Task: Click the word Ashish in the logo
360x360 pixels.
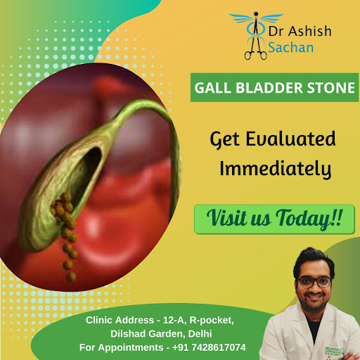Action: [309, 31]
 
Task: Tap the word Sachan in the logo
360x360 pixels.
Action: [291, 47]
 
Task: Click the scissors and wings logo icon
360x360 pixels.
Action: [256, 36]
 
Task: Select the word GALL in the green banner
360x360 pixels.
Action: [212, 88]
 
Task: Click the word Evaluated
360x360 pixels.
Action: [290, 139]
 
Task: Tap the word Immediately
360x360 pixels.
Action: [276, 169]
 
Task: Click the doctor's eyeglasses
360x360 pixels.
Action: [314, 282]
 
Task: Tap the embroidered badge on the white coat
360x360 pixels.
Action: [333, 352]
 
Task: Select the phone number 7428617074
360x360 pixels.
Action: [219, 347]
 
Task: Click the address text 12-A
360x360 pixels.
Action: [174, 320]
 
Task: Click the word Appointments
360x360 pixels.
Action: [131, 347]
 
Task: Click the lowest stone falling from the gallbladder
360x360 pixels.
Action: [71, 277]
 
